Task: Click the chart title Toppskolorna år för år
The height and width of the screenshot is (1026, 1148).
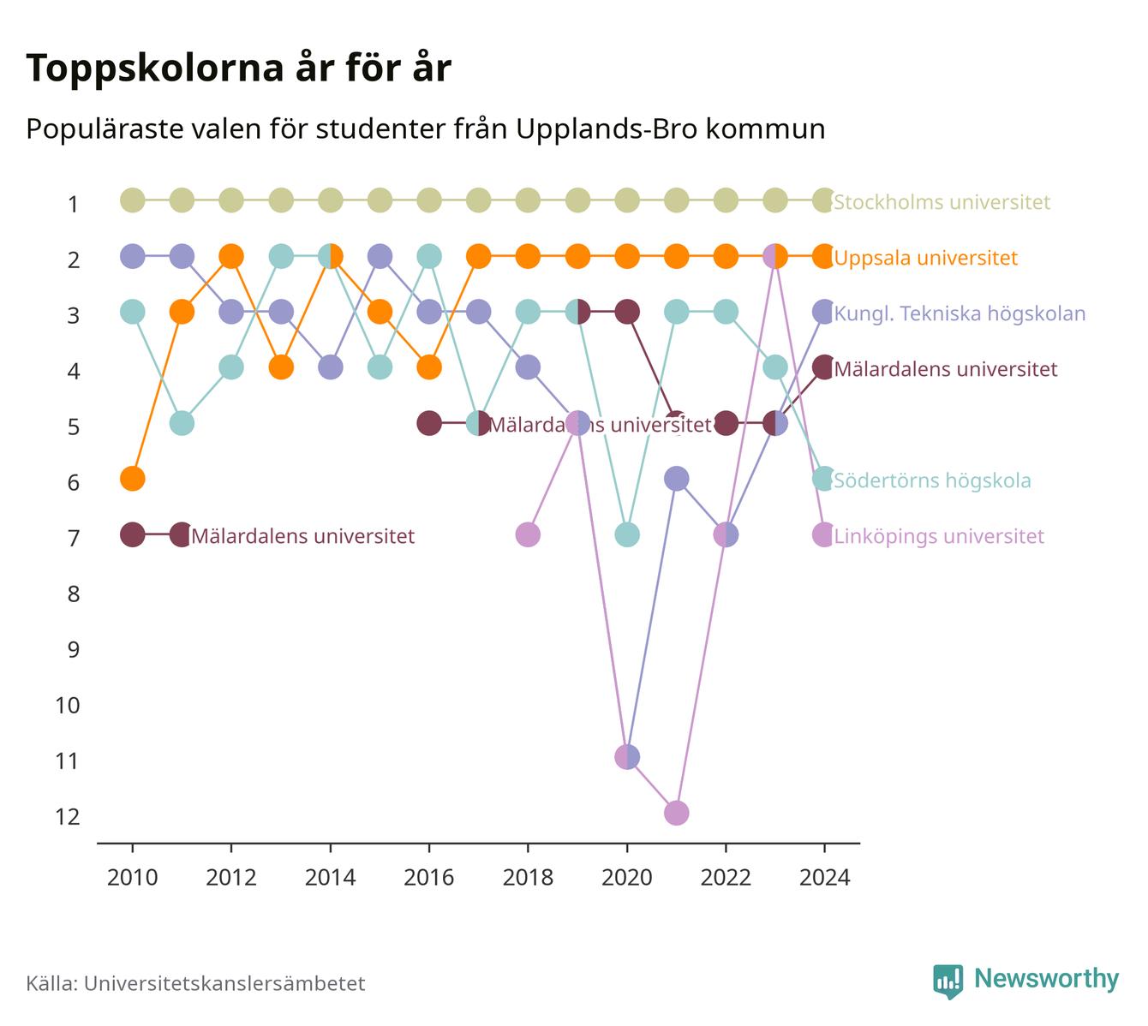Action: pyautogui.click(x=238, y=68)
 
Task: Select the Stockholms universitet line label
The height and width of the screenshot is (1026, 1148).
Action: pyautogui.click(x=942, y=201)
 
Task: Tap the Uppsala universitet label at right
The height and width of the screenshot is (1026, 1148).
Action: pyautogui.click(x=925, y=258)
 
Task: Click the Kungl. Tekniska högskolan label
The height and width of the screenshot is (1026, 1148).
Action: pyautogui.click(x=960, y=313)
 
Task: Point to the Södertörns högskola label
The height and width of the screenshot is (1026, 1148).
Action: pyautogui.click(x=932, y=480)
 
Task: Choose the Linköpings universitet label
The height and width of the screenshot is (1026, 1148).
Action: pyautogui.click(x=939, y=536)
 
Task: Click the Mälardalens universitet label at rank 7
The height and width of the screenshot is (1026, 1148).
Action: pyautogui.click(x=302, y=536)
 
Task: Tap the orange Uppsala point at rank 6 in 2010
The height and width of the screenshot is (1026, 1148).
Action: pyautogui.click(x=133, y=480)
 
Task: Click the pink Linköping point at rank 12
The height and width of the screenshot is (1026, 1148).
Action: pyautogui.click(x=676, y=813)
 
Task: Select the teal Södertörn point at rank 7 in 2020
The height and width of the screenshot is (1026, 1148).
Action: pyautogui.click(x=627, y=534)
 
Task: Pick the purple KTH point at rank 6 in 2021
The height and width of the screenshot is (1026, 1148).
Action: pyautogui.click(x=676, y=480)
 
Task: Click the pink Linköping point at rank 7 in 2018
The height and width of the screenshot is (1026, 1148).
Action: pyautogui.click(x=528, y=534)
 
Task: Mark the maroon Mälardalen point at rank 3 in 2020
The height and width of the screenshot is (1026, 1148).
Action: pyautogui.click(x=627, y=312)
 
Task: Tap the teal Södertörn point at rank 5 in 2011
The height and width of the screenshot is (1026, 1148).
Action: pyautogui.click(x=182, y=423)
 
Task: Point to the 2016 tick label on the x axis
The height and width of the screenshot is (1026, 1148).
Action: pyautogui.click(x=429, y=878)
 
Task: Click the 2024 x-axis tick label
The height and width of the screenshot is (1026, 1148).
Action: pyautogui.click(x=824, y=878)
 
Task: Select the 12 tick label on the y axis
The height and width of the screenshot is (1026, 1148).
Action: pyautogui.click(x=68, y=817)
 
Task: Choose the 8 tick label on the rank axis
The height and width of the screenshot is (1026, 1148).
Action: pyautogui.click(x=74, y=594)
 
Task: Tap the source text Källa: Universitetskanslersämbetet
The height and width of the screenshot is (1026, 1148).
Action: pyautogui.click(x=195, y=983)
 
